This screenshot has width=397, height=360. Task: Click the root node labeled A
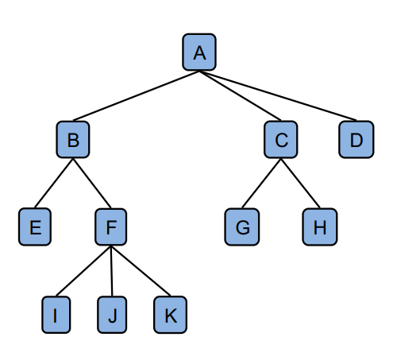tap(199, 52)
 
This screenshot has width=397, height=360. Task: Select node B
tap(73, 139)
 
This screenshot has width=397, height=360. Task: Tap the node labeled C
tap(281, 139)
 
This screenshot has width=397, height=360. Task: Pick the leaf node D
tap(357, 139)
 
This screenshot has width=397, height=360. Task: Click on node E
tap(35, 226)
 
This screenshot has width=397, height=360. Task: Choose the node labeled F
tap(111, 226)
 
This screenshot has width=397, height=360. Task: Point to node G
tap(242, 226)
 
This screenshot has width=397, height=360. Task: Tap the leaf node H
tap(320, 226)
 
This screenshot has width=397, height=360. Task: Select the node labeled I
tap(56, 315)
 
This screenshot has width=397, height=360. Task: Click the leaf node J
tap(112, 315)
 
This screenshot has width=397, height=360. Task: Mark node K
tap(171, 315)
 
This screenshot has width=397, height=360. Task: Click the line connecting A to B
tap(136, 96)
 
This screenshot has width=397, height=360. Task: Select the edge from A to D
tap(278, 96)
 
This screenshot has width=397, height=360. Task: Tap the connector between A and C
tap(240, 96)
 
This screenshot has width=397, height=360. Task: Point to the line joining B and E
tap(54, 183)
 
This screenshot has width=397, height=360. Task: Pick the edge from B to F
tap(92, 183)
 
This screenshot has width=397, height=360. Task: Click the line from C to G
tap(261, 183)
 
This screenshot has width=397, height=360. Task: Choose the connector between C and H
tap(300, 183)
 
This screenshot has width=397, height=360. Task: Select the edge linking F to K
tap(141, 271)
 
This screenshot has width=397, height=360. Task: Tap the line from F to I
tap(83, 271)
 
